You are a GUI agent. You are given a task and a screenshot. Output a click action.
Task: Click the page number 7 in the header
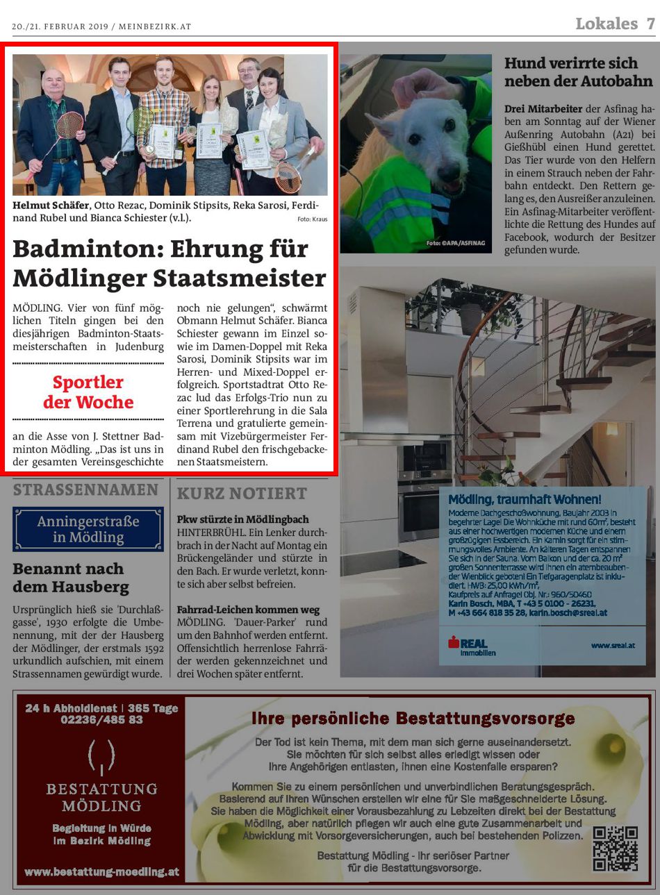(x=650, y=24)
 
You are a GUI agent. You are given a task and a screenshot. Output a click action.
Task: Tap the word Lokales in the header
(x=606, y=24)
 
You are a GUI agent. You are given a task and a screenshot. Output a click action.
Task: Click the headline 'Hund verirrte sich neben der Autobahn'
(x=578, y=72)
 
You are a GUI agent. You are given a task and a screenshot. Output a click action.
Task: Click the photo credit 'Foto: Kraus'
(x=312, y=219)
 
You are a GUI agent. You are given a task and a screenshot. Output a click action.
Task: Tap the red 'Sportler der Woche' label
(x=88, y=392)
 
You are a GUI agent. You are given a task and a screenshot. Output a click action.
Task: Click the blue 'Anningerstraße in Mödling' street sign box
(x=88, y=529)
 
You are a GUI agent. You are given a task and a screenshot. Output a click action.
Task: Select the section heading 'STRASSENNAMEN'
(x=85, y=490)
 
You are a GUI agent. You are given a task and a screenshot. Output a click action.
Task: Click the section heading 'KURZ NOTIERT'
(x=241, y=494)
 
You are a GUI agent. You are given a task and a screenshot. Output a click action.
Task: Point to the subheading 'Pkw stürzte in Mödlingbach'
(x=242, y=519)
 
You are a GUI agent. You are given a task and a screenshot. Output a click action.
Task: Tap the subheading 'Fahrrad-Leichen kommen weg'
(x=248, y=610)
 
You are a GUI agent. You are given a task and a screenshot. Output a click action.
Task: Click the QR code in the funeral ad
(x=615, y=848)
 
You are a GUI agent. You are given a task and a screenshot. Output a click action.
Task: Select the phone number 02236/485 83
(x=101, y=720)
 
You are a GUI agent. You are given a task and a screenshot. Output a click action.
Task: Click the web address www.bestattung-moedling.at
(x=101, y=871)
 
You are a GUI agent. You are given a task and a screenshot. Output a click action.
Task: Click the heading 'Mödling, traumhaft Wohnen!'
(x=525, y=499)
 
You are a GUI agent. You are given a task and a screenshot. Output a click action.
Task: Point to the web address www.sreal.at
(x=613, y=645)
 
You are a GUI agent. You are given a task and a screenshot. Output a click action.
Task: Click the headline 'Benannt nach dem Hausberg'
(x=70, y=578)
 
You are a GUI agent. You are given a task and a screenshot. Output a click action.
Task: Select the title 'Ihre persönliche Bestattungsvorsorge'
(x=413, y=718)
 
